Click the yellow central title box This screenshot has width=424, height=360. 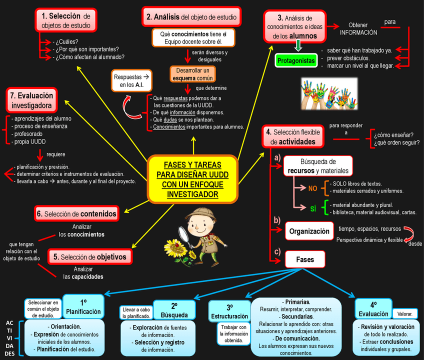coord(193,179)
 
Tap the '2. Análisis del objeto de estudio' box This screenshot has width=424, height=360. coord(191,17)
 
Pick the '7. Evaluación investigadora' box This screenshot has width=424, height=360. coord(31,100)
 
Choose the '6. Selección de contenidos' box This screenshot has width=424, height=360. coord(76,214)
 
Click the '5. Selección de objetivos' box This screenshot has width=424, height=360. coord(90,257)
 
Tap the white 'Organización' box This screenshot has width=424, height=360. coord(309,231)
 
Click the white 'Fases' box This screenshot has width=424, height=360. coord(305,259)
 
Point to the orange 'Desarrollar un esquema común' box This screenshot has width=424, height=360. coord(192,74)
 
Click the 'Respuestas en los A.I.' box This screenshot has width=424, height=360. coord(131,81)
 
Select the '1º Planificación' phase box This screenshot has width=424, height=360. coord(83,306)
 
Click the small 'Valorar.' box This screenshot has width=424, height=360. coord(405,314)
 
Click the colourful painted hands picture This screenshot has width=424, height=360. coord(329,93)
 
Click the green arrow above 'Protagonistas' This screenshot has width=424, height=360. coord(298,46)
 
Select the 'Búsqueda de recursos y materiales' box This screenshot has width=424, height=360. coord(318,166)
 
